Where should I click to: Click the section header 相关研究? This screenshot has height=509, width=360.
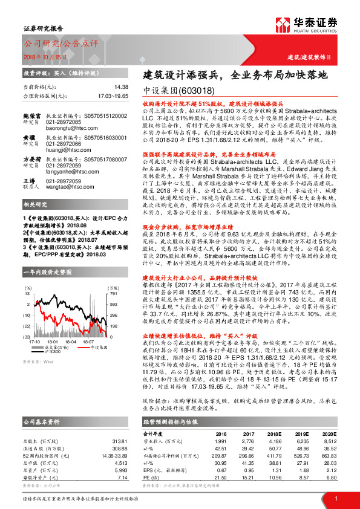[36, 204]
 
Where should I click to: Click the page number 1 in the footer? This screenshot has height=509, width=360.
[335, 498]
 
